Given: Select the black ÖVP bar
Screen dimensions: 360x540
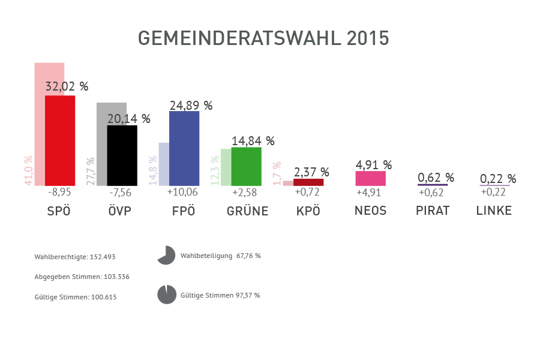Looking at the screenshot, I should click(122, 155).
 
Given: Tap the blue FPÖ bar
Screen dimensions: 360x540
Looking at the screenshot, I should click(184, 148).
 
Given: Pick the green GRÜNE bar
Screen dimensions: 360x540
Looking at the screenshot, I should click(246, 166).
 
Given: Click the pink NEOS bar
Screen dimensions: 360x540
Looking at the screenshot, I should click(370, 178).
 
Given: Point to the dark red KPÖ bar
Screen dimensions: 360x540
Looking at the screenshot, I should click(308, 182).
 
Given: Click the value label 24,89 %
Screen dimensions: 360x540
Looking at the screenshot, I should click(191, 106).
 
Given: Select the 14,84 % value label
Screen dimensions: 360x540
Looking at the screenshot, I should click(253, 141).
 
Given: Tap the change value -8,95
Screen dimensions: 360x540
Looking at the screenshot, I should click(59, 193).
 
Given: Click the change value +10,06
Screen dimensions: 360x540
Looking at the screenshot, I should click(183, 193).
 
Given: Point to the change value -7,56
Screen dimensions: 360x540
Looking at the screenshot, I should click(120, 193).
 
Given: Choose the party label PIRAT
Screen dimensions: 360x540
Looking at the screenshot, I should click(433, 211).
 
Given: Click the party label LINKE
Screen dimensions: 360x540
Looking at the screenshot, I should click(494, 211).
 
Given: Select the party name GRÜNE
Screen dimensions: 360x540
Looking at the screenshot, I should click(247, 211).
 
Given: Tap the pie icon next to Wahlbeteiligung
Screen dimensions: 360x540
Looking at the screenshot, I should click(166, 256).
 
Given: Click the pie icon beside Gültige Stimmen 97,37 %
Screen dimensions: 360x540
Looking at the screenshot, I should click(166, 295).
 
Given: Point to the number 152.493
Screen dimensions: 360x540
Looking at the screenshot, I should click(103, 257).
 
